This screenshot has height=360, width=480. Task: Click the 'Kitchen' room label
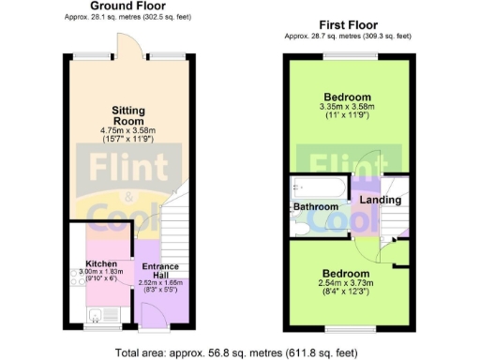click(x=101, y=263)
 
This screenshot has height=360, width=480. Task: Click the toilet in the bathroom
click(x=300, y=224)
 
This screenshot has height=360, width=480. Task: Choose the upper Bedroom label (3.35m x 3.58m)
click(x=348, y=97)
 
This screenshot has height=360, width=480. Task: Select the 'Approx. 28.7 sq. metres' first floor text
click(x=348, y=37)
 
